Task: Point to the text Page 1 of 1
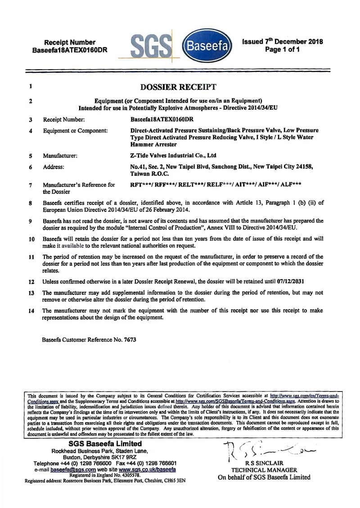[282, 49]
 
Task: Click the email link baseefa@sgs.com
[67, 469]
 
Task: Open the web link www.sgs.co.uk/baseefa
[147, 469]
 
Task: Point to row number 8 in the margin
[30, 203]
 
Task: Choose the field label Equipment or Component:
[75, 131]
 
